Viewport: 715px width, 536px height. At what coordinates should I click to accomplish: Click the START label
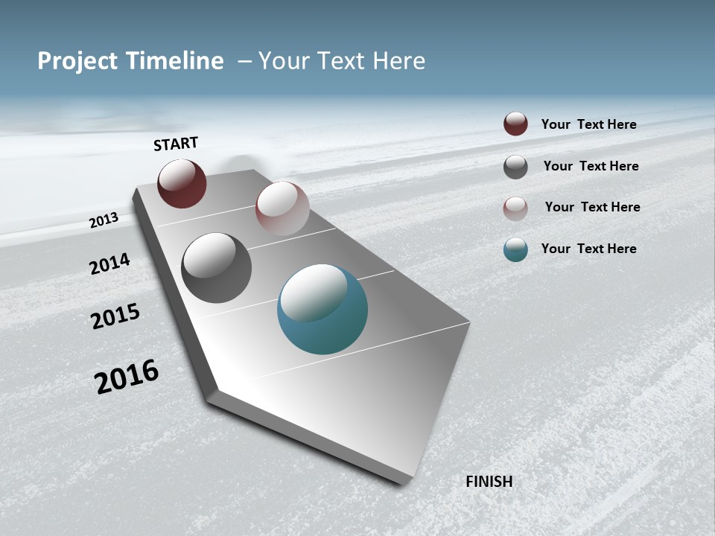coord(176,144)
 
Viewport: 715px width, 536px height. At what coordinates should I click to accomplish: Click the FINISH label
coord(489,482)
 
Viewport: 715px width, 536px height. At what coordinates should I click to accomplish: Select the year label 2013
coord(104,220)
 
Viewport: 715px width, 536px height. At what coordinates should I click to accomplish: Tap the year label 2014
coord(109,264)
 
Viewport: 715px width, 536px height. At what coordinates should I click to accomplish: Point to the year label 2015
coord(115,316)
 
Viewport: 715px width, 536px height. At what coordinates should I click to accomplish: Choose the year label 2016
coord(127,377)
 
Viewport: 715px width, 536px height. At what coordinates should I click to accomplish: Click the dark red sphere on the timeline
coord(182,183)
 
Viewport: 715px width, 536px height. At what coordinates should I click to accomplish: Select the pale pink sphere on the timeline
coord(282,208)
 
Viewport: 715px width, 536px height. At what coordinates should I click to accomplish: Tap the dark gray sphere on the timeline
coord(216,268)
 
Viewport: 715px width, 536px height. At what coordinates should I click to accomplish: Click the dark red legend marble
coord(515,124)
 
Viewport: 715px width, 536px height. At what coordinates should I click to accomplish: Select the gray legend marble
coord(515,167)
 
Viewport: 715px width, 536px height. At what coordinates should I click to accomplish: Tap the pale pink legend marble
coord(515,208)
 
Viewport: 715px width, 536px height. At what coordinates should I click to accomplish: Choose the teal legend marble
coord(515,249)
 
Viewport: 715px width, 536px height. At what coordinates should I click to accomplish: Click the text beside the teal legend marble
coord(588,249)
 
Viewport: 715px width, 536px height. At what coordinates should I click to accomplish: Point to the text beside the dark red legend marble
coord(588,124)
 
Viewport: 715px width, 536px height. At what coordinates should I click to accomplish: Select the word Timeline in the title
coord(176,61)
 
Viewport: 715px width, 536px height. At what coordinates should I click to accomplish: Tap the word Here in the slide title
coord(398,61)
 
